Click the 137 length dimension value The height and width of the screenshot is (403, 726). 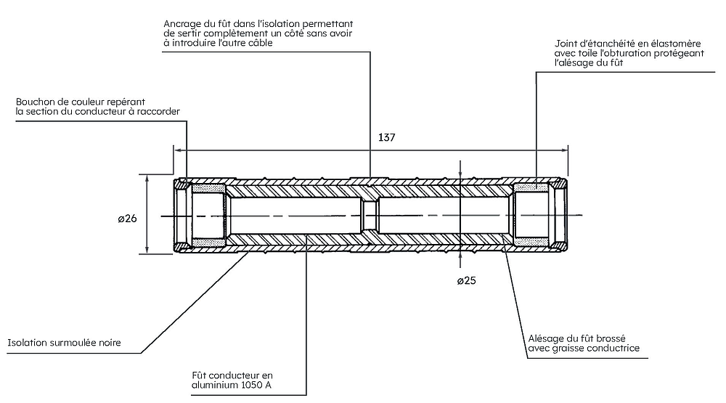point(387,137)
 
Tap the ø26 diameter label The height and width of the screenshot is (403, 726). point(126,216)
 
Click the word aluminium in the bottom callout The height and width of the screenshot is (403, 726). point(214,385)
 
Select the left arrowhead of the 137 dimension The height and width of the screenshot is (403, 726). point(177,150)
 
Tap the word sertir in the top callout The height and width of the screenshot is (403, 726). point(191,33)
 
